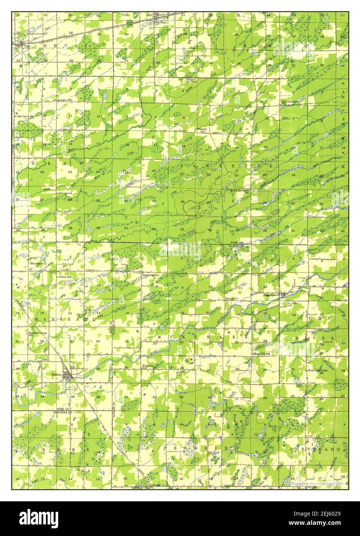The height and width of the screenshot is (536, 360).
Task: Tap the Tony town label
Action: (26, 46)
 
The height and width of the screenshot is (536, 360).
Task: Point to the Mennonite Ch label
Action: (39, 264)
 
